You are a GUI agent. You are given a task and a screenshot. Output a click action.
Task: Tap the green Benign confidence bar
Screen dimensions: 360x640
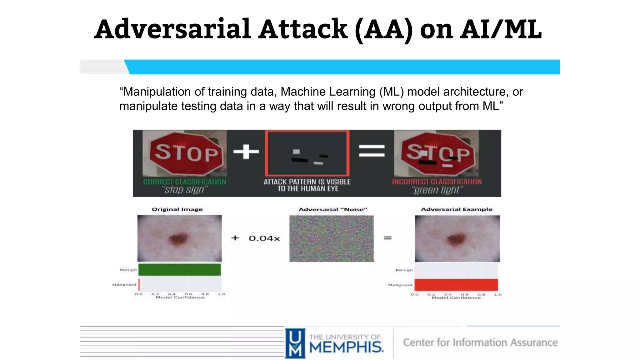(x=179, y=270)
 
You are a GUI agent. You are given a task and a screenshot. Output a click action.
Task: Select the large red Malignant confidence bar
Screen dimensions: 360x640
(x=456, y=285)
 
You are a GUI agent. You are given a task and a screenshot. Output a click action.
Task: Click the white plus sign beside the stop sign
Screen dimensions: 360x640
(x=246, y=152)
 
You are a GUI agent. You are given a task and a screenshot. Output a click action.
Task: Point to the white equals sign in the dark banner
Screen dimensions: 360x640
(x=372, y=151)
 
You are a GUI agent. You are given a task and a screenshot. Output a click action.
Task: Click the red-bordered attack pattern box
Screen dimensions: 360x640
(x=307, y=153)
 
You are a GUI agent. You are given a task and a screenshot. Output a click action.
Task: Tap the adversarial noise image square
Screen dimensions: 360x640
(x=331, y=238)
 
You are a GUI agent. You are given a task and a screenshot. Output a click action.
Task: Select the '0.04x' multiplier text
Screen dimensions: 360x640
(x=264, y=238)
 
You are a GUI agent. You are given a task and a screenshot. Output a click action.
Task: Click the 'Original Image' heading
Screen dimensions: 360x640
(x=177, y=209)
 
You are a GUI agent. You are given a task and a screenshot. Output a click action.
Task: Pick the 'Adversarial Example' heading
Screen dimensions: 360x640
(x=456, y=209)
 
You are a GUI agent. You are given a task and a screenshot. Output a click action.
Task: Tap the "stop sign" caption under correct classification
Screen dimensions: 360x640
(x=185, y=190)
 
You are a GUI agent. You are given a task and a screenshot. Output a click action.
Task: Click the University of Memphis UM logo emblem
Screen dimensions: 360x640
(x=295, y=343)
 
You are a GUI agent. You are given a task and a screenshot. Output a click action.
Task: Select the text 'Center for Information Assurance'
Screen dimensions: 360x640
(x=480, y=342)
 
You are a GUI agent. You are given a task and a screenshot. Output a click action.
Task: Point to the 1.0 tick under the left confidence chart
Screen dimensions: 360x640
(x=221, y=294)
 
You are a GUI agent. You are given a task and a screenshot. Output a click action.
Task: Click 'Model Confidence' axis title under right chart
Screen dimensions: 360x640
(x=456, y=298)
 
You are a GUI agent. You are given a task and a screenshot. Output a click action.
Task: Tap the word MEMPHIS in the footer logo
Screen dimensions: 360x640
(x=346, y=347)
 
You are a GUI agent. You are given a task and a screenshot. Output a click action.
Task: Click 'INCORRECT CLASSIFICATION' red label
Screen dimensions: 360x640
(x=437, y=182)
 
